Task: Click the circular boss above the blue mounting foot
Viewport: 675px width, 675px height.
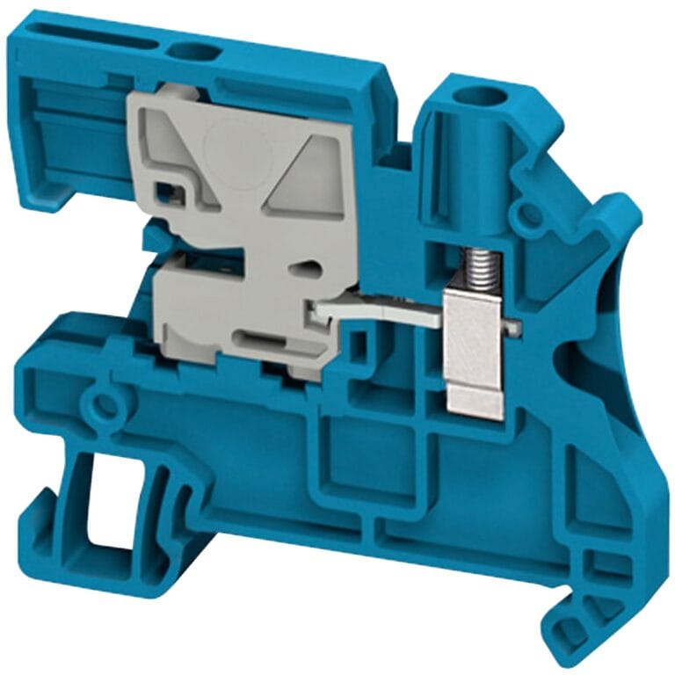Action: [x=105, y=405]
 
